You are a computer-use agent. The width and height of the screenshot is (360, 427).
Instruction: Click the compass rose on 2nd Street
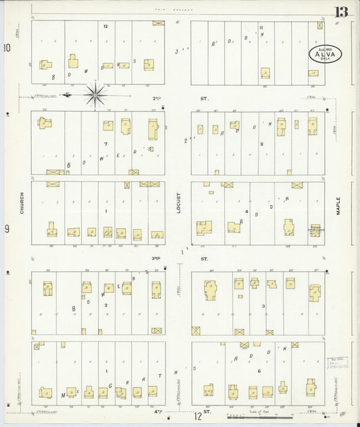click(x=96, y=95)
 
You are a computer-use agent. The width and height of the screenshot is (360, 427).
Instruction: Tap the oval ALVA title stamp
click(x=326, y=54)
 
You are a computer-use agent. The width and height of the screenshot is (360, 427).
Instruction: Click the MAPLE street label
click(x=338, y=206)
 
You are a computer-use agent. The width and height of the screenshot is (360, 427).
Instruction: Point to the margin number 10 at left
click(x=7, y=48)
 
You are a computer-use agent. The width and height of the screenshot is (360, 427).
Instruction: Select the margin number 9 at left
click(x=7, y=229)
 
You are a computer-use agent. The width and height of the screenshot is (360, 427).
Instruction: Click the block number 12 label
click(x=105, y=26)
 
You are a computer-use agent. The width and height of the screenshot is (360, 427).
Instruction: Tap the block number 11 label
click(x=261, y=27)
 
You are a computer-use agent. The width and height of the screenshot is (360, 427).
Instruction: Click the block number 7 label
click(x=105, y=144)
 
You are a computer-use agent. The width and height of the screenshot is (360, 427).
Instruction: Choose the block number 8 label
click(x=261, y=144)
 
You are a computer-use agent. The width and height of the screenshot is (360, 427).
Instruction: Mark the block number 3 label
click(x=263, y=306)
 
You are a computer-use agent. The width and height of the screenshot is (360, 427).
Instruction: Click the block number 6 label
click(x=259, y=371)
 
